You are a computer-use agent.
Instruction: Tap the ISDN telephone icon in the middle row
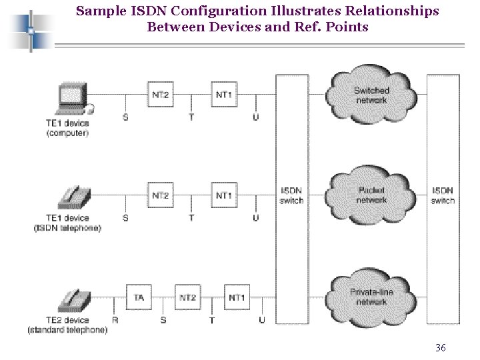point(74,197)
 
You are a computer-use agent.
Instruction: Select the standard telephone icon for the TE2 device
point(74,300)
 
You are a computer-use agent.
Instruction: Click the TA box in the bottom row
point(139,297)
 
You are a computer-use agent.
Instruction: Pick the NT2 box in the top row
point(160,95)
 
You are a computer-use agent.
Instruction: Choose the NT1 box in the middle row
point(224,195)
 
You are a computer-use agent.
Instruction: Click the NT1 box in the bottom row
point(236,297)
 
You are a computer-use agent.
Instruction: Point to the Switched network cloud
point(371,95)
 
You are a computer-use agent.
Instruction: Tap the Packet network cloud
point(371,195)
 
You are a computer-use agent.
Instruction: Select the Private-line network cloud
point(371,297)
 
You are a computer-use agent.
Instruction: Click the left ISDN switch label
point(291,195)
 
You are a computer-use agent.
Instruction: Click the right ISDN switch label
point(443,195)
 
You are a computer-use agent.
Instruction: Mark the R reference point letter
point(115,321)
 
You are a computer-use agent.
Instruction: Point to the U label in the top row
point(256,117)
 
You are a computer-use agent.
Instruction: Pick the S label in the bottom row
point(163,321)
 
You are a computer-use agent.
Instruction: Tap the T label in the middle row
point(192,218)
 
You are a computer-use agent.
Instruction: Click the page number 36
point(440,348)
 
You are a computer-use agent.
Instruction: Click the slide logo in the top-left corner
point(30,30)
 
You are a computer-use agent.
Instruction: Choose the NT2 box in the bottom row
point(187,297)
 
